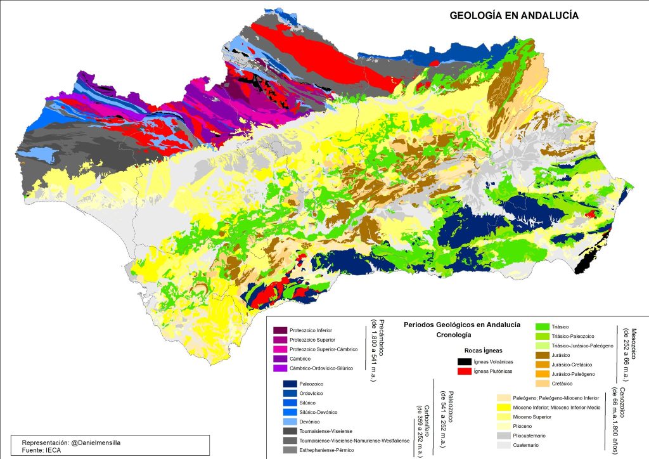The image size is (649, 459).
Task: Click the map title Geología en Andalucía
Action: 514,16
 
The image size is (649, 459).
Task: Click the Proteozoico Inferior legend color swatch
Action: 280,330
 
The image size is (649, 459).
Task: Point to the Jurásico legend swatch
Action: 543,355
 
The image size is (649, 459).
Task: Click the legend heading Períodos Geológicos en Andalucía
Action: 461,325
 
